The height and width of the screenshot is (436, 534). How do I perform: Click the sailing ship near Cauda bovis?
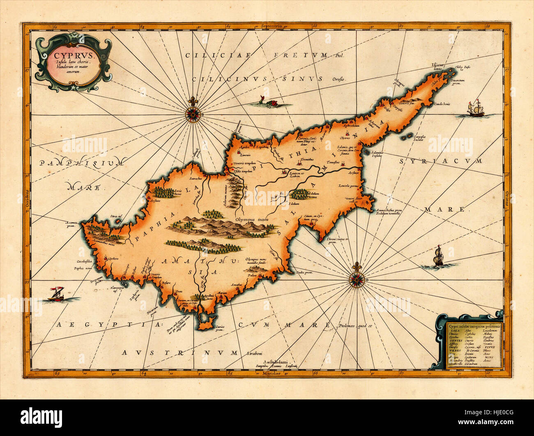point(476,109)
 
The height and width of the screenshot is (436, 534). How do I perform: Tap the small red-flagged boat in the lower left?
point(54,295)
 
